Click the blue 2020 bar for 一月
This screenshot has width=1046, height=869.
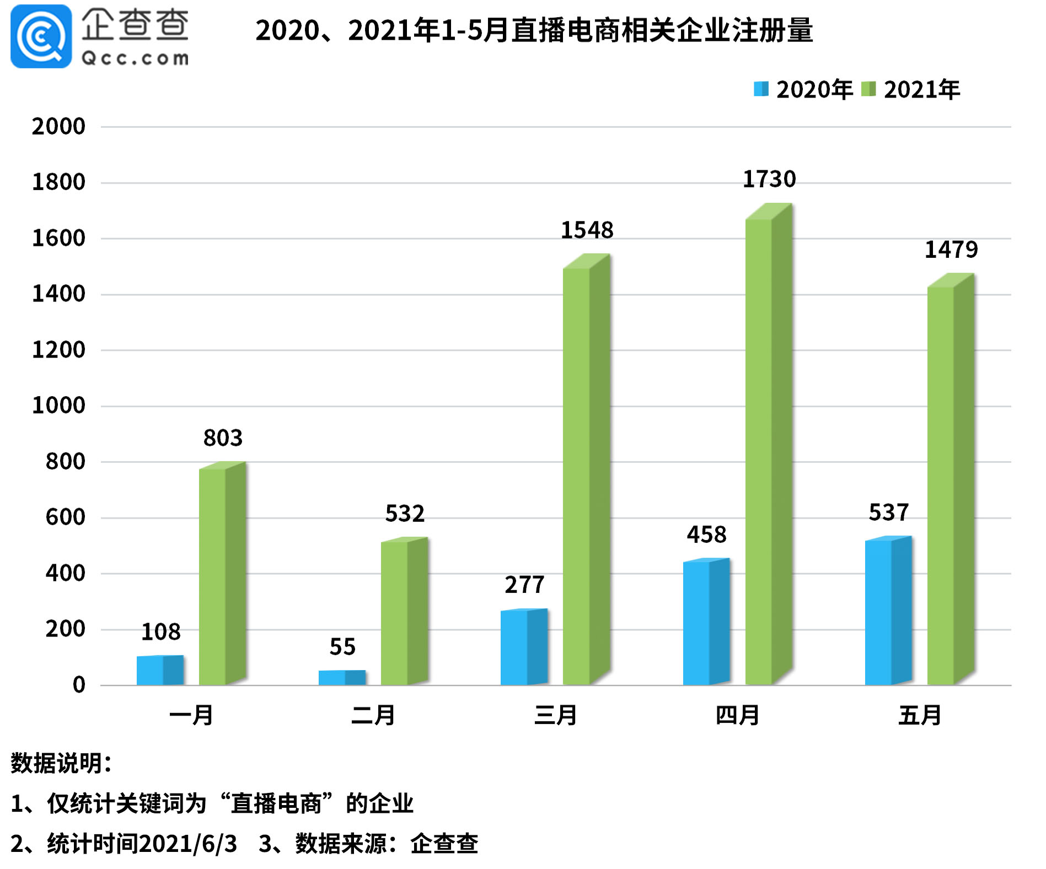tap(160, 670)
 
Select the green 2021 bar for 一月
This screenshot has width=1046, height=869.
tap(222, 574)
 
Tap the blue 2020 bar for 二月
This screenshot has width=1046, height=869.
tap(342, 678)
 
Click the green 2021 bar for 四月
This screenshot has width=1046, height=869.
tap(769, 444)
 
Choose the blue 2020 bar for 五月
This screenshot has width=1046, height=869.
tap(888, 611)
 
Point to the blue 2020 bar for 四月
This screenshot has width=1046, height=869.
tap(706, 622)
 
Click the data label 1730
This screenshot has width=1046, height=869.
tap(769, 179)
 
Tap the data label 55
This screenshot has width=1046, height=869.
tap(342, 646)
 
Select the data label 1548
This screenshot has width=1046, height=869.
tap(587, 230)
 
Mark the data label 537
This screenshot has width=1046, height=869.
tap(888, 512)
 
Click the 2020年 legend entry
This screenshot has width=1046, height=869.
tap(803, 89)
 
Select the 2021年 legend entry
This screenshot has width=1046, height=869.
tap(910, 89)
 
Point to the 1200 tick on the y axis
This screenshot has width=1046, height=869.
tap(58, 350)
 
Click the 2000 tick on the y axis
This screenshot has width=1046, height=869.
tap(58, 127)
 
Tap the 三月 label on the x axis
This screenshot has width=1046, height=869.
tap(555, 715)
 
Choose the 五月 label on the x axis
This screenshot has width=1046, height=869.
tap(920, 715)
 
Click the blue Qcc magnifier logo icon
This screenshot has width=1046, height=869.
tap(41, 36)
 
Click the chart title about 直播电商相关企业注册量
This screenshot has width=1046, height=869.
tap(534, 30)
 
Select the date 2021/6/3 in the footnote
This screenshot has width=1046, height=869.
tap(188, 844)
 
